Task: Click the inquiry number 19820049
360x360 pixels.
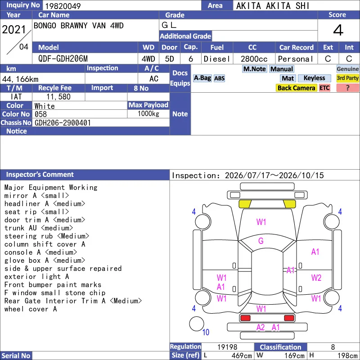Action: (63, 6)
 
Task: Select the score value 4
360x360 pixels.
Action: (338, 30)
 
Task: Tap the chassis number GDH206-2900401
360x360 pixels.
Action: (63, 123)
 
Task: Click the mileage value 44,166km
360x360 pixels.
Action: (20, 79)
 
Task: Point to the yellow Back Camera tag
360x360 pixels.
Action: (296, 88)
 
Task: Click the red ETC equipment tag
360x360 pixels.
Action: (324, 88)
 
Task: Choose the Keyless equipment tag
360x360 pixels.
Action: (314, 78)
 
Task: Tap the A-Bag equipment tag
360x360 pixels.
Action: (202, 78)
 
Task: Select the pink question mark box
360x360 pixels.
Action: (347, 88)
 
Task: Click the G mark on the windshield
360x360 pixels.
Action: (261, 241)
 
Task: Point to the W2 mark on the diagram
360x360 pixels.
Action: (316, 278)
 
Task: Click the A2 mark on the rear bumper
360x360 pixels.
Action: (261, 328)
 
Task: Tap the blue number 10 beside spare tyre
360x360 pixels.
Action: (206, 332)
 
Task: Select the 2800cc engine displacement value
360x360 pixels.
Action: (254, 59)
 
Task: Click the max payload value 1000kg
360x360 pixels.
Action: (148, 114)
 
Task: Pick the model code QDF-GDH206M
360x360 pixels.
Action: (63, 59)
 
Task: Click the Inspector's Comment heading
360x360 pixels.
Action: (40, 175)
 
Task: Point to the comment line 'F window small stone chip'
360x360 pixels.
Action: (54, 293)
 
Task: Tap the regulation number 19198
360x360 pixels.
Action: (227, 347)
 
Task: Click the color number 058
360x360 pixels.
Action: (40, 114)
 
